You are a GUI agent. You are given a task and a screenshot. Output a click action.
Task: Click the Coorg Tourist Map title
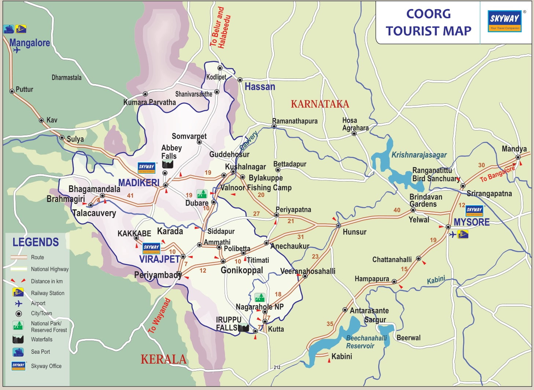click(x=428, y=22)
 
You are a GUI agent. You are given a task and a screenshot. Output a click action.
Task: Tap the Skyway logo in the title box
click(x=505, y=21)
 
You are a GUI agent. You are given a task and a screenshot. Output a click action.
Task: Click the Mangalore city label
click(x=30, y=43)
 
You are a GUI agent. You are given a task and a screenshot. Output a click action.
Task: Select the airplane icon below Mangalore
click(x=16, y=50)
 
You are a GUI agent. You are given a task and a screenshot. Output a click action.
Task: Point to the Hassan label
click(x=260, y=87)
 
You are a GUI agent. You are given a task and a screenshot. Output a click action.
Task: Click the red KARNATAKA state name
click(x=320, y=104)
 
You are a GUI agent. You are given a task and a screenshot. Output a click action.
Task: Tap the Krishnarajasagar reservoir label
click(x=419, y=155)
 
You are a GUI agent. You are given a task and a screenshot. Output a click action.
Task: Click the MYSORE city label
click(x=471, y=222)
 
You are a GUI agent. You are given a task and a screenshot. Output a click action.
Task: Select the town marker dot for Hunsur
click(x=338, y=225)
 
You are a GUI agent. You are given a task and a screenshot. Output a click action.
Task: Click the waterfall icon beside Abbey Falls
click(x=167, y=165)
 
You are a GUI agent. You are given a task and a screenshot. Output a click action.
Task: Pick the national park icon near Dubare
click(x=202, y=194)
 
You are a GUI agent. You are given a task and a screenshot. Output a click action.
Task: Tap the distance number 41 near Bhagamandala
click(x=130, y=196)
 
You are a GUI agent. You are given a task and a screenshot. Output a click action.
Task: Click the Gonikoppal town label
click(x=242, y=271)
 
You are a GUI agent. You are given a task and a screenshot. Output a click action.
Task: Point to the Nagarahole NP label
click(x=259, y=307)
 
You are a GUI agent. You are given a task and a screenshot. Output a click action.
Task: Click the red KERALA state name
click(x=163, y=359)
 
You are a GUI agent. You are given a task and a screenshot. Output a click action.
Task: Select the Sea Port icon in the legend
click(x=18, y=352)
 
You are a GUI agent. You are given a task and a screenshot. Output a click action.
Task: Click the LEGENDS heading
click(x=36, y=242)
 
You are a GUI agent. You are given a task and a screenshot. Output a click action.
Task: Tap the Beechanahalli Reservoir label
click(x=365, y=342)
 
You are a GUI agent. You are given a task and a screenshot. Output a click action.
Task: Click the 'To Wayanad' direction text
click(x=159, y=316)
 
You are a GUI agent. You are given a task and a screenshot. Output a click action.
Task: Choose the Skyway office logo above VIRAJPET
click(x=151, y=248)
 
